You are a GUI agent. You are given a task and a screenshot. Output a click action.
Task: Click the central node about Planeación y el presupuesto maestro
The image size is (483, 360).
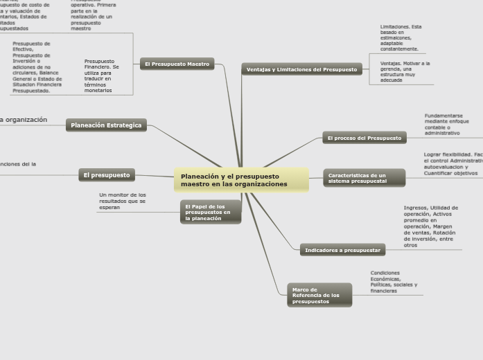241,181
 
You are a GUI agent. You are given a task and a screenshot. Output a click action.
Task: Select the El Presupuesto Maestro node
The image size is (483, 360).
177,64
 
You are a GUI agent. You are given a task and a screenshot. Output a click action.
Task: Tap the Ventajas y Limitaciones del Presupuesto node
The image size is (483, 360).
301,69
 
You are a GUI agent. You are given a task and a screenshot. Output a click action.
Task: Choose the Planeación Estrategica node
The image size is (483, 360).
106,125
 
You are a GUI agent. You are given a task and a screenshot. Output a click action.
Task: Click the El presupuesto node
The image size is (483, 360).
107,175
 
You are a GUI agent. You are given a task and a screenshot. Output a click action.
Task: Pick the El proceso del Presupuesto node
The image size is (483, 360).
365,138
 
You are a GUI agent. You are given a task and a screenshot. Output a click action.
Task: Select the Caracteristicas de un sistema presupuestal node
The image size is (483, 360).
364,178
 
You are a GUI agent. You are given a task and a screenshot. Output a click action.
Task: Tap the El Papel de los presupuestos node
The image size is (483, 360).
211,212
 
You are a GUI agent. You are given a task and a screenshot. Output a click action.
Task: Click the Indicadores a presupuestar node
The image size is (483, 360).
342,250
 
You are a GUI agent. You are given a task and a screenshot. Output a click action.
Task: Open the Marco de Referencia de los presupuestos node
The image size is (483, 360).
319,296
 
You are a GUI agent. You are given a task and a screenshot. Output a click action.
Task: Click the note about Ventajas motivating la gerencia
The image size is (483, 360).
405,71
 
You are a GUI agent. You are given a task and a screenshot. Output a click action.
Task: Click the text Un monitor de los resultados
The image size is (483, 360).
123,201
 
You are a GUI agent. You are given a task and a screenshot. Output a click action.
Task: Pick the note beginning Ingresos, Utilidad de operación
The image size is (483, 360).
430,226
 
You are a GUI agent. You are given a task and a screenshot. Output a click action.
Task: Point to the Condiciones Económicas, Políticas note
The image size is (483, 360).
394,282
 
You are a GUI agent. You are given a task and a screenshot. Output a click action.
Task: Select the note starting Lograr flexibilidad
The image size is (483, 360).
453,163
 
